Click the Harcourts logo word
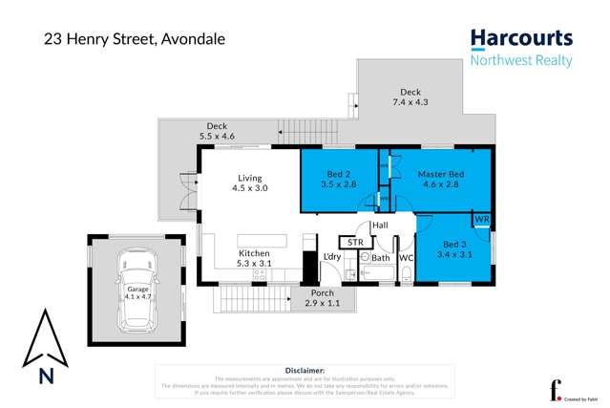(x=521, y=38)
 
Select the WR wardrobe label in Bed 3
(x=481, y=220)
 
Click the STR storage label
(x=355, y=243)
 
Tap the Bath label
(x=381, y=258)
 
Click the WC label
(x=405, y=258)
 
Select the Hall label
(x=380, y=225)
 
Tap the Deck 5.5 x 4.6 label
(x=217, y=131)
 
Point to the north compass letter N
(x=45, y=376)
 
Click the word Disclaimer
(x=305, y=369)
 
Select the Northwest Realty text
(x=521, y=61)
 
